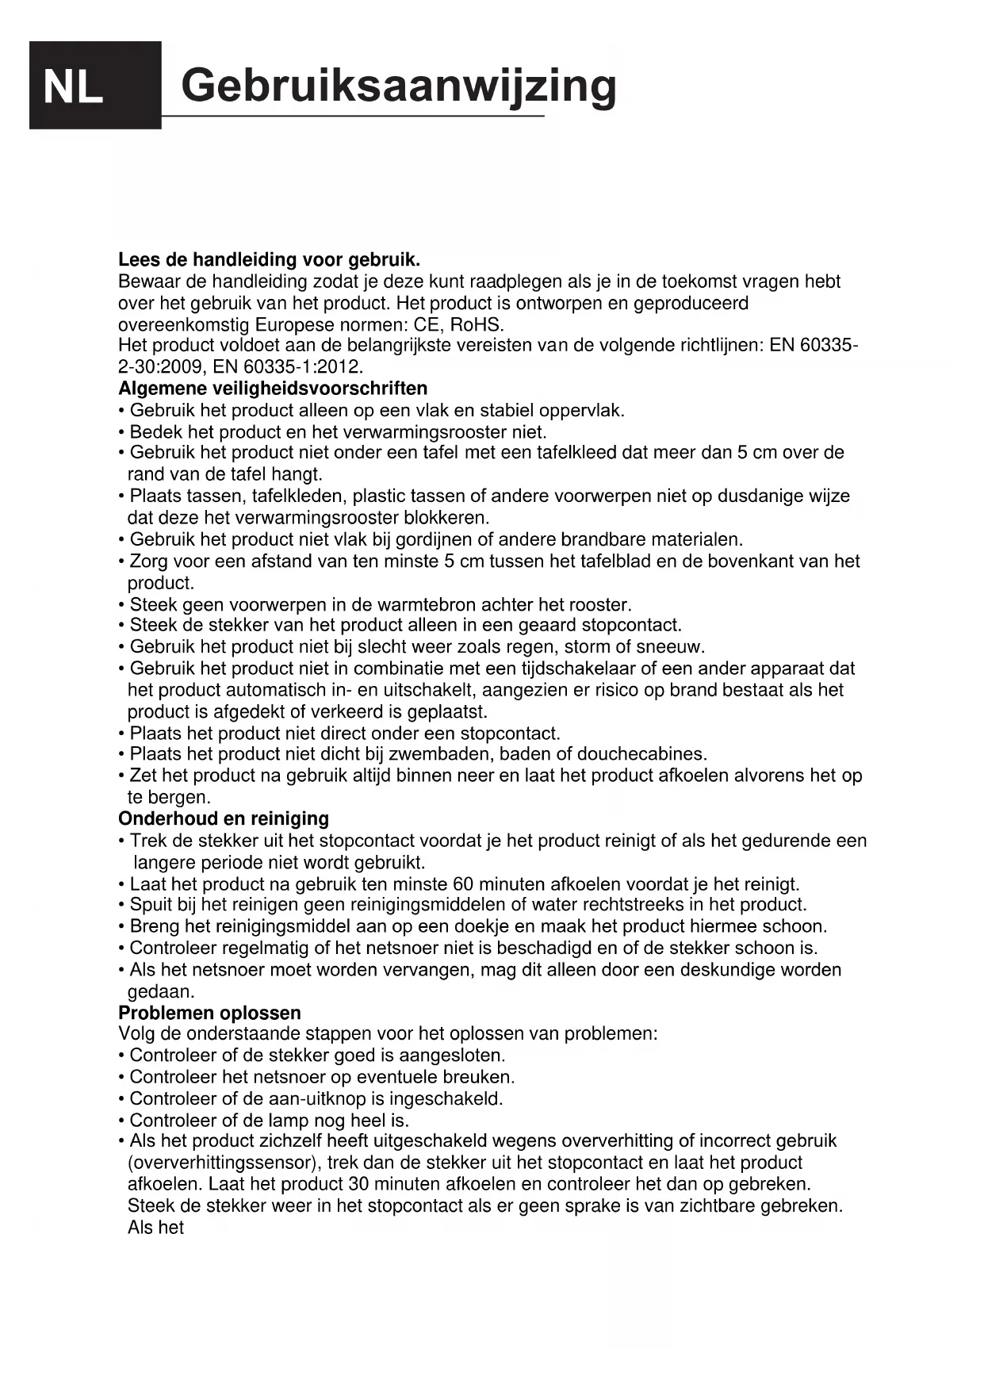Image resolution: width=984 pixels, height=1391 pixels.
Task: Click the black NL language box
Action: pos(94,85)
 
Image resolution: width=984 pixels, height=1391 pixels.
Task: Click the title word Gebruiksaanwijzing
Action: pos(398,85)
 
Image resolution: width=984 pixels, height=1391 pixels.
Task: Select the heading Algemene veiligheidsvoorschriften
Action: pos(273,389)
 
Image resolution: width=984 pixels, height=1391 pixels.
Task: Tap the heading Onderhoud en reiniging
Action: pos(223,818)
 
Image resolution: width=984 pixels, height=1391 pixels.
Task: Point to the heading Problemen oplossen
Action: pos(209,1013)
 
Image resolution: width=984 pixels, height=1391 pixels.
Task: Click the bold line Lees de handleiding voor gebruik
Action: pos(269,259)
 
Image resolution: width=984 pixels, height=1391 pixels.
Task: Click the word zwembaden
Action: pos(432,753)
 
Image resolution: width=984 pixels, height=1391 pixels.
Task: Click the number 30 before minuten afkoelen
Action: pos(358,1185)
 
